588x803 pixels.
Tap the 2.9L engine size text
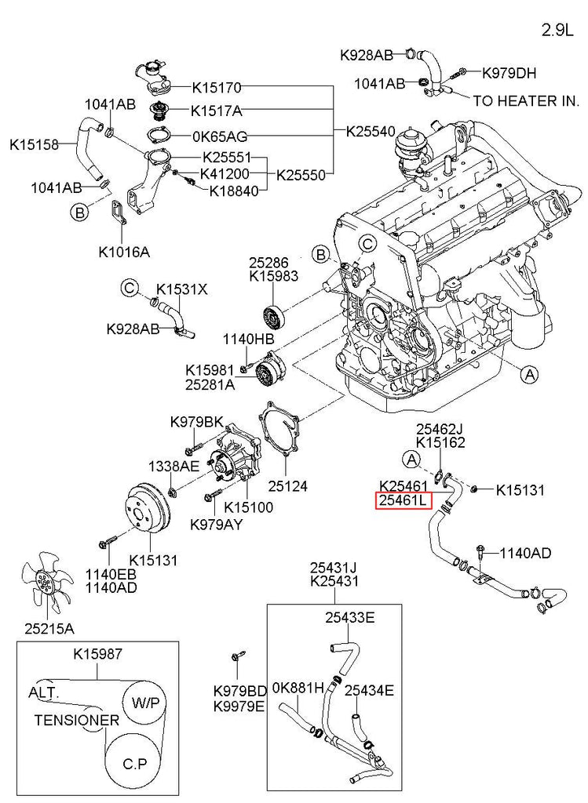tap(559, 31)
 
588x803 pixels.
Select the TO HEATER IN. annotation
tap(524, 101)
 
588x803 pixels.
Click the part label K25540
tap(371, 133)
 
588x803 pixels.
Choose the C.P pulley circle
tap(134, 761)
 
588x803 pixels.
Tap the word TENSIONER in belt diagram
tap(76, 720)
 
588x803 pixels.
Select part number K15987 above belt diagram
tap(98, 653)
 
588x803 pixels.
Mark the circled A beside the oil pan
tap(530, 376)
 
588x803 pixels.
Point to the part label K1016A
tap(124, 253)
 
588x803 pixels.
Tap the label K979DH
tap(509, 74)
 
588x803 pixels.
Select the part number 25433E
tap(350, 617)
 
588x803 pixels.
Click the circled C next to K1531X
tap(130, 289)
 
